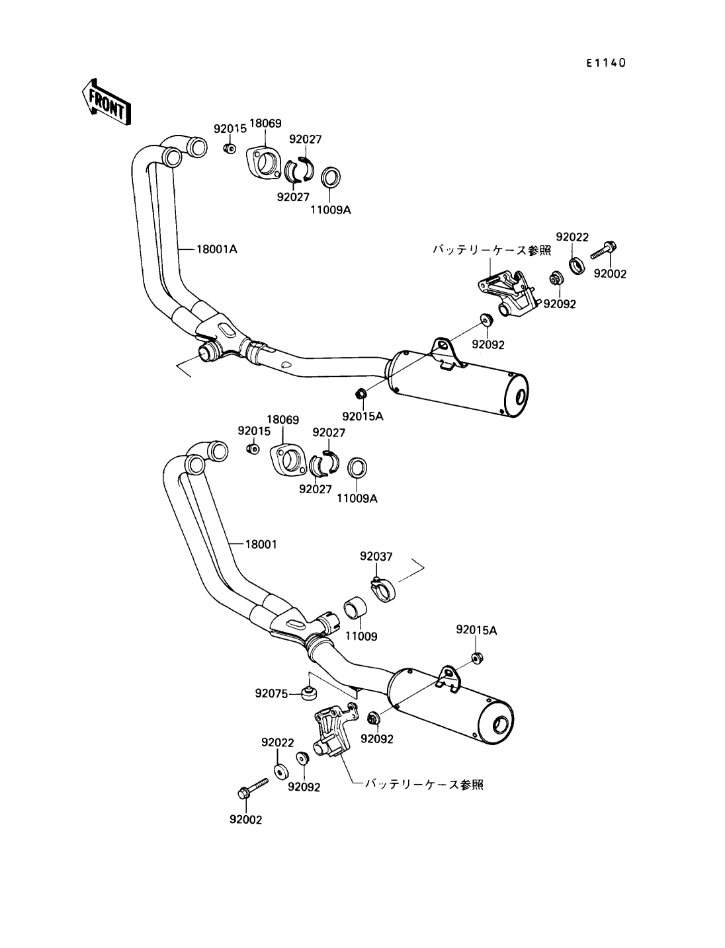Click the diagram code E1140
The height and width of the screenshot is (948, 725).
click(x=605, y=63)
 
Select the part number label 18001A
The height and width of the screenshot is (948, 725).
click(x=217, y=250)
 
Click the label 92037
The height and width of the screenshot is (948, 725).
click(x=376, y=557)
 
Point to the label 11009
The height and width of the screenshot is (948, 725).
click(x=361, y=637)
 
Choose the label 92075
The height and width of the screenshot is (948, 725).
click(x=271, y=693)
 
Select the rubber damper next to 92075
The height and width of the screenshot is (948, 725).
click(x=308, y=692)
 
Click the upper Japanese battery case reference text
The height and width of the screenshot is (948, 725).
click(x=491, y=250)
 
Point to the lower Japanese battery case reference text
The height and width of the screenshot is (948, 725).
click(x=424, y=784)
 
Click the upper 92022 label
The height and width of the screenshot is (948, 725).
click(x=572, y=237)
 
